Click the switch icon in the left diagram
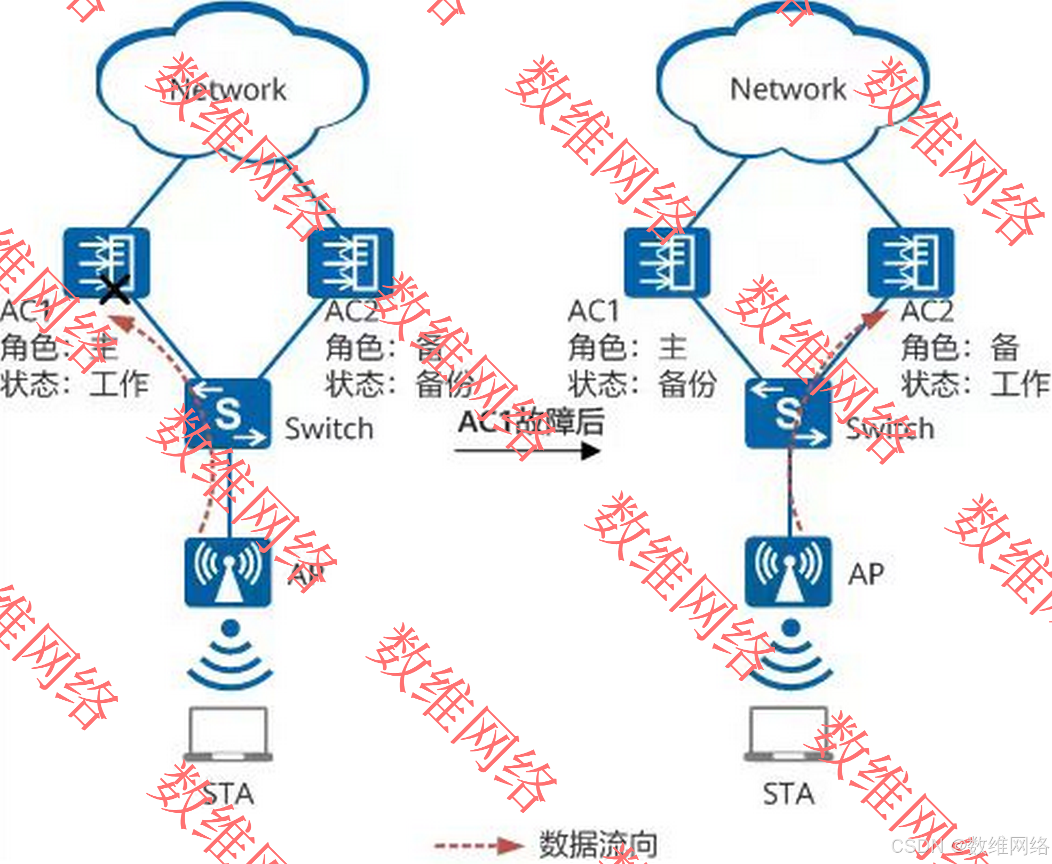click(228, 413)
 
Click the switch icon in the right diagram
click(788, 413)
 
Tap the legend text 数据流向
click(598, 844)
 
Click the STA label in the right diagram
click(788, 794)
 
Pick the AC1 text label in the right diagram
click(593, 311)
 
